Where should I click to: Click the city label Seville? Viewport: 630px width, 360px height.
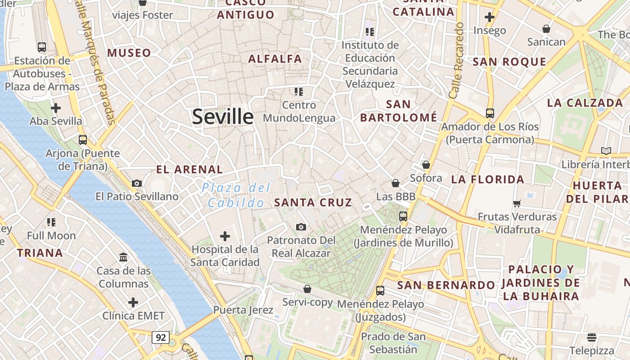click(223, 117)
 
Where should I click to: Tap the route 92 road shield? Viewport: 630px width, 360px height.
click(160, 337)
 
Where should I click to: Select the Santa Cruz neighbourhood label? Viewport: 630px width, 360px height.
click(313, 202)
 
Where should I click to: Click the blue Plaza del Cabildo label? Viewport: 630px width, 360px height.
click(236, 195)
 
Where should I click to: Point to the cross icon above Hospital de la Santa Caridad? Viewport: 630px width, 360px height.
click(225, 236)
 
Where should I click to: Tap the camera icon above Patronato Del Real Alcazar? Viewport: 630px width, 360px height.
click(301, 227)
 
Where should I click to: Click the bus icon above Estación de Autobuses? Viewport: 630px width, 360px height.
click(42, 47)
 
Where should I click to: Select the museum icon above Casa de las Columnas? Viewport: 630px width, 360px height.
click(123, 257)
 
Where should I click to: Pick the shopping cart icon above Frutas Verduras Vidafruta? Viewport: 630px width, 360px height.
click(517, 203)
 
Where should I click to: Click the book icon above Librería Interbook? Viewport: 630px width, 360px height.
click(606, 151)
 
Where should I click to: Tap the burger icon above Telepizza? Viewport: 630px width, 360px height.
click(591, 337)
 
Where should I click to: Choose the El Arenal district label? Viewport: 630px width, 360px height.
click(189, 170)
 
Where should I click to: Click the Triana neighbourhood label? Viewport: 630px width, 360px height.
click(40, 253)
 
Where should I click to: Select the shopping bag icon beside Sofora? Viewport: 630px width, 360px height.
click(426, 165)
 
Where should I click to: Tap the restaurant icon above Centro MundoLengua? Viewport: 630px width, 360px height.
click(299, 92)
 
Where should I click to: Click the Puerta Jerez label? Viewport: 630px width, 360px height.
click(243, 310)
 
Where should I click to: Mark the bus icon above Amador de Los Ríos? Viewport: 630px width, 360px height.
click(490, 113)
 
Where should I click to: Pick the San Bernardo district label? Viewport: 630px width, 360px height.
click(446, 285)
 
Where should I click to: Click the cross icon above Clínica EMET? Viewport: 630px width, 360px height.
click(133, 302)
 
